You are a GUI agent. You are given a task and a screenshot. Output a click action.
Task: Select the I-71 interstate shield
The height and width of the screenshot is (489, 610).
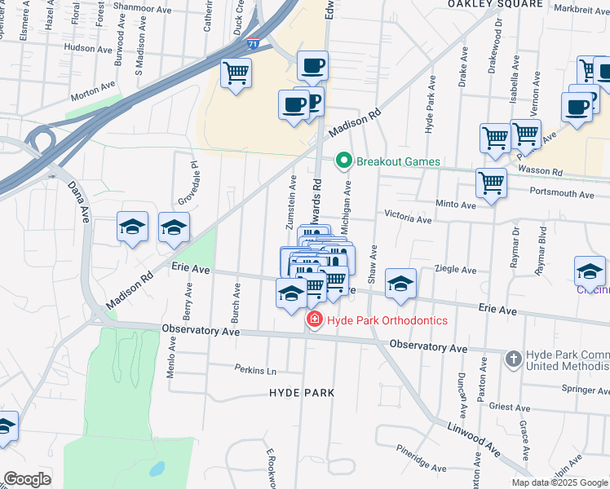(x=255, y=43)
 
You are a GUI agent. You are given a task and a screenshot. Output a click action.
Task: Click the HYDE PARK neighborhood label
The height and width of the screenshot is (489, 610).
(x=302, y=393)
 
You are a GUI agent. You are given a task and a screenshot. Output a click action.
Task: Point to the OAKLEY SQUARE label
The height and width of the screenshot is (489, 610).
(x=495, y=4)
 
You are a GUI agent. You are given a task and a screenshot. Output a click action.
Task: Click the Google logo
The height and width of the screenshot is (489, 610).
(x=27, y=479)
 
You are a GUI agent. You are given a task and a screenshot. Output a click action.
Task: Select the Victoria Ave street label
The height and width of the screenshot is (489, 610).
(x=408, y=219)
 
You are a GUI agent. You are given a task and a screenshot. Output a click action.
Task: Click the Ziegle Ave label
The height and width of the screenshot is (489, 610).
(x=457, y=269)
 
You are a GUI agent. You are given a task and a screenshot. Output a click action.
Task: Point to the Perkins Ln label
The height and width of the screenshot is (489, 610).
(x=256, y=370)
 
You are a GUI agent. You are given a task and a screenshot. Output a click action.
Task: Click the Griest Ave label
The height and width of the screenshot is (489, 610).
(x=511, y=406)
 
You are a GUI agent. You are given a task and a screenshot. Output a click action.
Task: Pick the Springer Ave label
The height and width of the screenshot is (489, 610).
(x=586, y=390)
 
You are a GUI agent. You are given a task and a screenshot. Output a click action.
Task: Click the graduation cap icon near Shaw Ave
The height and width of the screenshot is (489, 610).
(x=400, y=283)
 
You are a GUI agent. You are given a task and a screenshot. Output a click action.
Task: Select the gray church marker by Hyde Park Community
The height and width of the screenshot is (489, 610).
(x=513, y=359)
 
